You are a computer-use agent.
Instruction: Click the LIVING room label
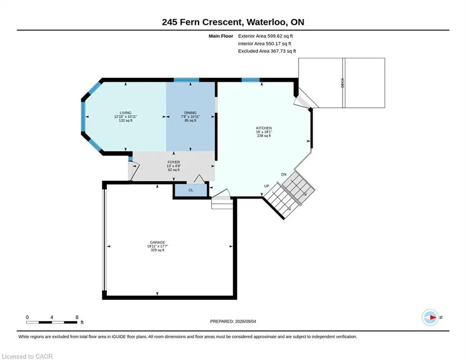click(x=126, y=113)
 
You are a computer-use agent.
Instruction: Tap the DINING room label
click(x=190, y=113)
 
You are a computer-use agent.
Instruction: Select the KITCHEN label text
click(x=264, y=128)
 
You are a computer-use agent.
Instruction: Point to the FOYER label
click(x=174, y=162)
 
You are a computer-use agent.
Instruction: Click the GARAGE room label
click(x=157, y=242)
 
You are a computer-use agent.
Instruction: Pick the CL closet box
click(x=191, y=190)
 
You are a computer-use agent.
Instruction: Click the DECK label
click(x=342, y=82)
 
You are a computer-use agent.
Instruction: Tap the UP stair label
click(x=266, y=186)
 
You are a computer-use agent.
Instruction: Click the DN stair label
click(x=284, y=174)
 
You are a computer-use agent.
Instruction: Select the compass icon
click(x=430, y=317)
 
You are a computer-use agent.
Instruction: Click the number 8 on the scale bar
click(x=77, y=317)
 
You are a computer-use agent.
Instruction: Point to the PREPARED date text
click(x=233, y=321)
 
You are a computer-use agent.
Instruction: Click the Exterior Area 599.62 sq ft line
click(x=266, y=36)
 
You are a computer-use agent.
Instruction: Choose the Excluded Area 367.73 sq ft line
click(x=267, y=51)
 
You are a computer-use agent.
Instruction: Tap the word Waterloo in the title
click(x=267, y=22)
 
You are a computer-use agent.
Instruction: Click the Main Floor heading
click(x=221, y=36)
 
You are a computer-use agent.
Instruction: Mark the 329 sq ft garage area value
click(x=157, y=250)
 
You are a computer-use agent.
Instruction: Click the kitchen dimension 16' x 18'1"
click(x=264, y=132)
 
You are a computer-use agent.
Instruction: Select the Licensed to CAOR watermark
click(x=27, y=356)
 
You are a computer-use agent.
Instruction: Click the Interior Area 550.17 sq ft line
click(x=265, y=44)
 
